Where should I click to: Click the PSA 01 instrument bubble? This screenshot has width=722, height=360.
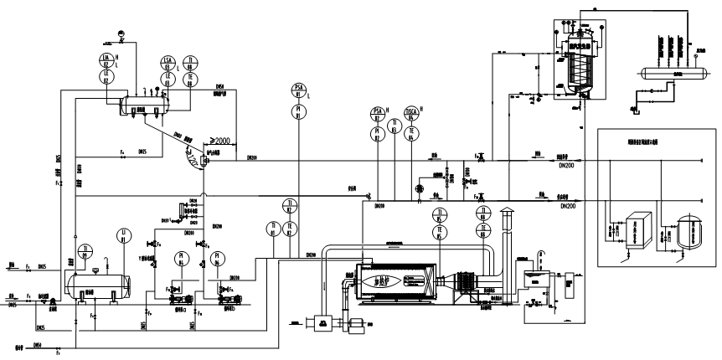299,90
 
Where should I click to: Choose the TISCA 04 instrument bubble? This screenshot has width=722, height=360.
411,112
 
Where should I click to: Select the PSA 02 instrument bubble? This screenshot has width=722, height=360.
377,112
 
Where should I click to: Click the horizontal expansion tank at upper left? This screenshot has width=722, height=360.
145,105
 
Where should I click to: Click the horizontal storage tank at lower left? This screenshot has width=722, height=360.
96,280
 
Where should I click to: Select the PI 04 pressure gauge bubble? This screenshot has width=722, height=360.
179,260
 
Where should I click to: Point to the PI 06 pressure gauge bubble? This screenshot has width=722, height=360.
216,259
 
